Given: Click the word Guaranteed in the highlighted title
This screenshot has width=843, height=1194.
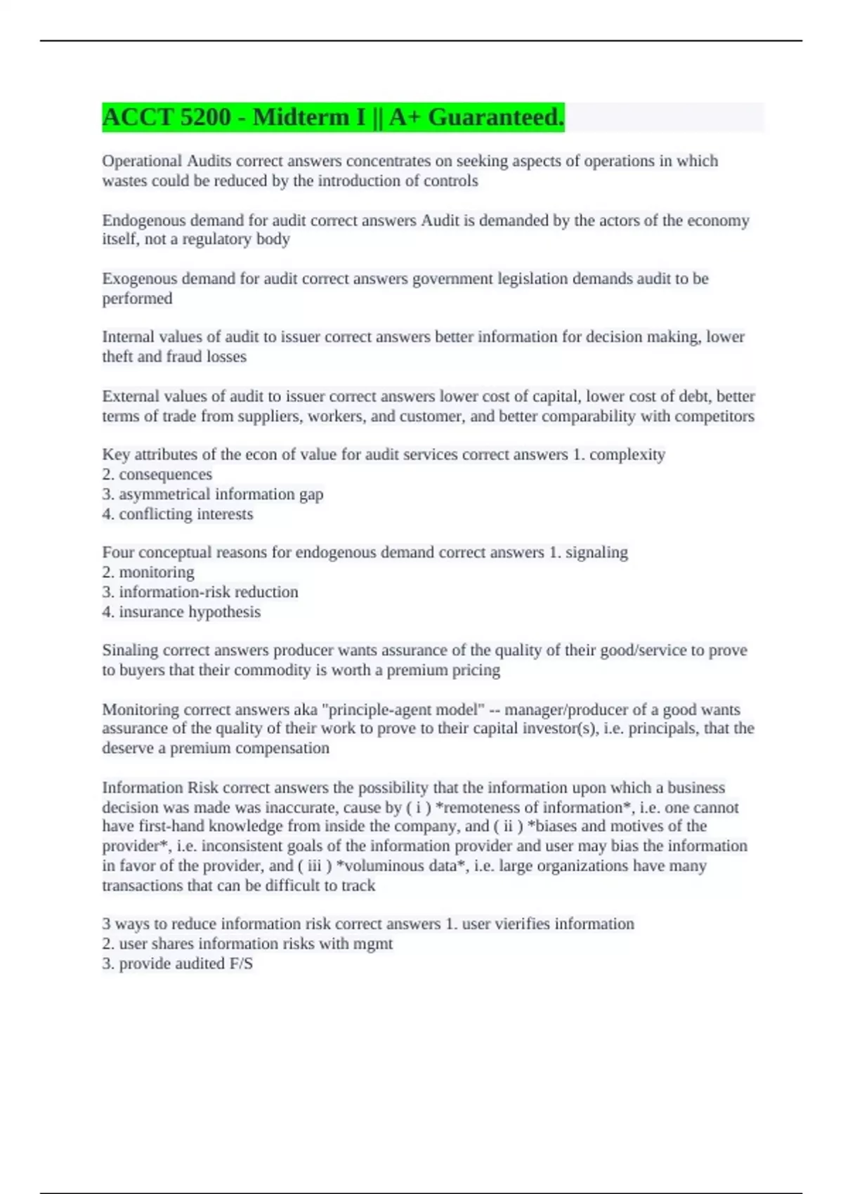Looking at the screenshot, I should pos(495,117).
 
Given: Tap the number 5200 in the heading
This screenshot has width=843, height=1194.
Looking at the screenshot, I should pos(205,117).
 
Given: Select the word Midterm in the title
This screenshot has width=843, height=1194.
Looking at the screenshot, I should pos(309,117).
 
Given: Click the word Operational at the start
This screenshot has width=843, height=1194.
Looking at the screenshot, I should pos(142,161).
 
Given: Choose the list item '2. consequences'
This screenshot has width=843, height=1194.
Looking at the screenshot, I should pos(157,475).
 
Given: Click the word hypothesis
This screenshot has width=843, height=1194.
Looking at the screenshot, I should pos(224,612).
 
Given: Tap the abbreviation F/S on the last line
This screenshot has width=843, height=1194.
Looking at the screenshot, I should pos(241,964).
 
